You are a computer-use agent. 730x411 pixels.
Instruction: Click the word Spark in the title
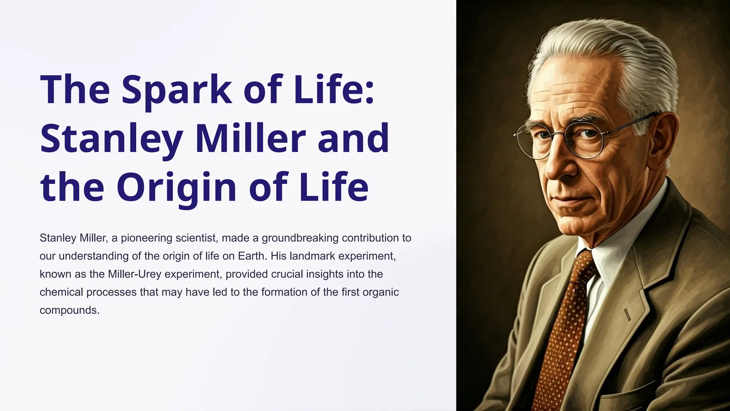[x=177, y=89]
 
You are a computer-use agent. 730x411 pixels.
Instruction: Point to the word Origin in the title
[x=176, y=187]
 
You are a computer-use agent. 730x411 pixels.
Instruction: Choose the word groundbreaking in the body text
[x=300, y=238]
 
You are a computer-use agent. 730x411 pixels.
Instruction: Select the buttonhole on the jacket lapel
[x=628, y=314]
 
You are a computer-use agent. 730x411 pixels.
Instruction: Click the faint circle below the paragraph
[x=49, y=339]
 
